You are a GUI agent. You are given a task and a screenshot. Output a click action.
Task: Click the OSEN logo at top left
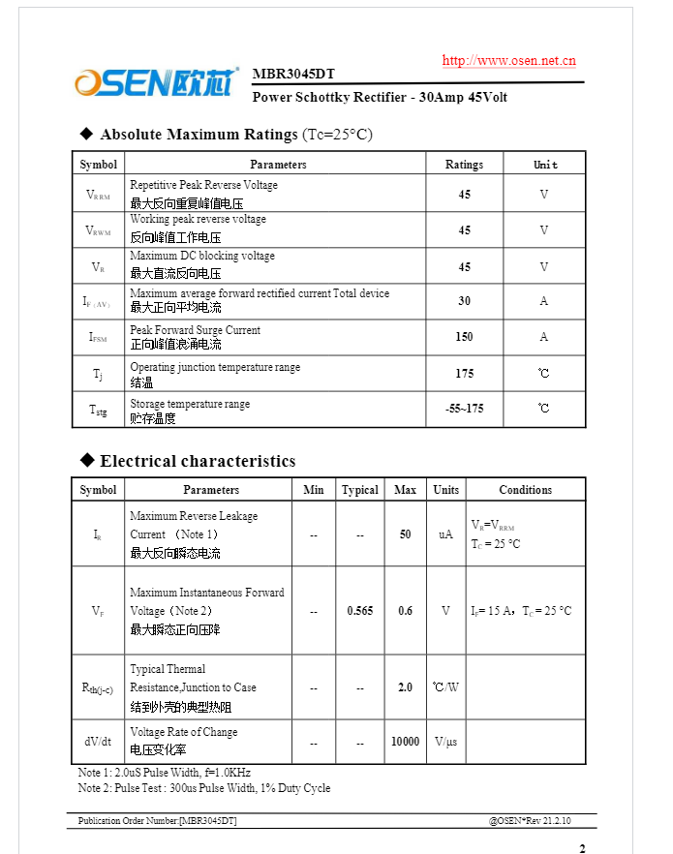155,82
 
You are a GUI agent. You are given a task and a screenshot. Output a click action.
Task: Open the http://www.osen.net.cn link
508,60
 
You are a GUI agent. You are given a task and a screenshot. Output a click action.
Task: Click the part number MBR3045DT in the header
293,75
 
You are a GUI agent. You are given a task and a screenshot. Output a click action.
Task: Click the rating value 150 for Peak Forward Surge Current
464,337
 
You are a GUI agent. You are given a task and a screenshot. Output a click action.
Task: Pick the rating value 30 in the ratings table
464,301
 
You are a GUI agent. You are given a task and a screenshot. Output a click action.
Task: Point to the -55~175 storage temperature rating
464,409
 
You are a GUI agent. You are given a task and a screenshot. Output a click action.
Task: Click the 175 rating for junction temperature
464,373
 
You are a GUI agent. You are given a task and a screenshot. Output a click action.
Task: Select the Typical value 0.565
359,611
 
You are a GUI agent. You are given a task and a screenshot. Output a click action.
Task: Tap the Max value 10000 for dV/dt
405,742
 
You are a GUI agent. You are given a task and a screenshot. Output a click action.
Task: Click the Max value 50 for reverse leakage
405,534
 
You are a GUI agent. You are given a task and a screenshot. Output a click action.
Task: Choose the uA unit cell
445,534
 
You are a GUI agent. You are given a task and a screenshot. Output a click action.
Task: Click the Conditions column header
525,490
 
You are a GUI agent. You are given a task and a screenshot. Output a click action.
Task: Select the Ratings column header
464,165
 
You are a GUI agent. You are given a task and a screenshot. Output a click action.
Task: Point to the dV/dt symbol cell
98,742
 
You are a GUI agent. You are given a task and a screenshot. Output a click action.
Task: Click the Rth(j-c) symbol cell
98,688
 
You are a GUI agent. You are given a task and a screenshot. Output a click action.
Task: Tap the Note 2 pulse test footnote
204,788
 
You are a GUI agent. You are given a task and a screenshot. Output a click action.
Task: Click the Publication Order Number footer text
158,821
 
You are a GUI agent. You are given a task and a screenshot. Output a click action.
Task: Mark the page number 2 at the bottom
582,849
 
